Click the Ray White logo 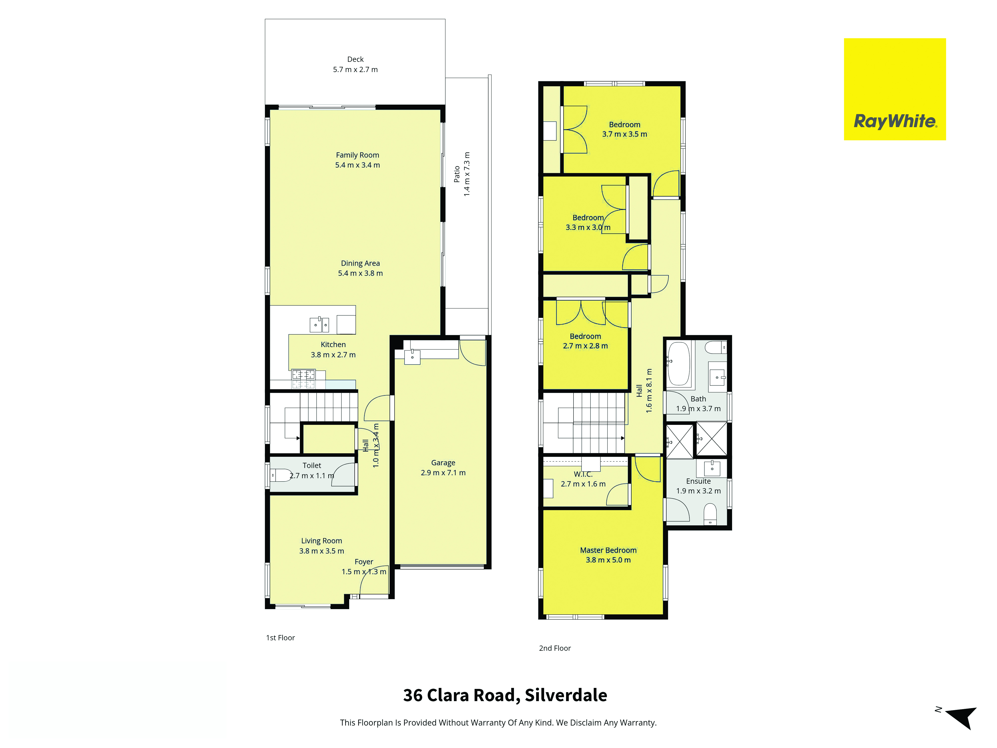pos(895,89)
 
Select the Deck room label pos(355,59)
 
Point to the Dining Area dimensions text pos(360,273)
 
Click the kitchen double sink pos(319,325)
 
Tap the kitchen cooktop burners pos(303,379)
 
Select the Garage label pos(443,463)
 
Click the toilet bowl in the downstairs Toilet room pos(281,475)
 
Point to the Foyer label pos(364,562)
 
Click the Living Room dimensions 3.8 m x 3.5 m pos(321,551)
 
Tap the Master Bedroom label pos(608,550)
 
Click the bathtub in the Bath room pos(678,364)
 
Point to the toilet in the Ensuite pos(710,514)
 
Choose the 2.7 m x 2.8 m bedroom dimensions pos(585,346)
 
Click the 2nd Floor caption pos(555,648)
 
